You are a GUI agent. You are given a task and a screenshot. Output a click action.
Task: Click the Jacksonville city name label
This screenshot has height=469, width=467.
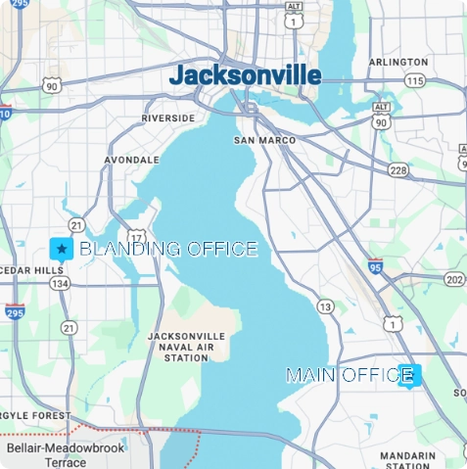(245, 75)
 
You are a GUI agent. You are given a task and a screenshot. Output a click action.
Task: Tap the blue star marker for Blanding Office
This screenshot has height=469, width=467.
(62, 249)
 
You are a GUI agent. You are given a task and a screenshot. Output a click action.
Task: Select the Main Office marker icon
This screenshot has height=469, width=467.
(410, 375)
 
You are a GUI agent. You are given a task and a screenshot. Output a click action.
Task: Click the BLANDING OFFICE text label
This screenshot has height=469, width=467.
(167, 249)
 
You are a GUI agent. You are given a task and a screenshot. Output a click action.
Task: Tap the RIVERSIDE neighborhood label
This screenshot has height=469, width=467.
(167, 117)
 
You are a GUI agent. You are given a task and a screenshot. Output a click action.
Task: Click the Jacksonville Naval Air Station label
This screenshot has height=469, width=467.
(186, 347)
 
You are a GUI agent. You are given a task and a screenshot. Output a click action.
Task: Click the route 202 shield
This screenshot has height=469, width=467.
(453, 280)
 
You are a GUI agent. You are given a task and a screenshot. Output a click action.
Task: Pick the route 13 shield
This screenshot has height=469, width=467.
(325, 307)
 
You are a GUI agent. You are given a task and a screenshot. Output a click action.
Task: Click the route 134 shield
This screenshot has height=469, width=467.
(61, 283)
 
